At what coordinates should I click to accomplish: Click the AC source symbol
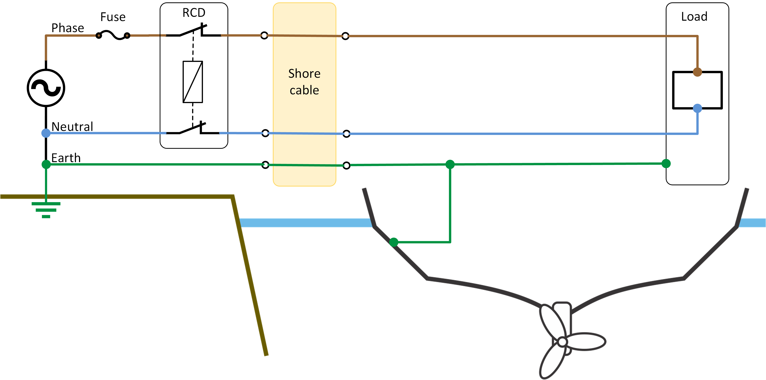pos(46,88)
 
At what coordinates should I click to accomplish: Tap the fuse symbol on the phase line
pos(113,35)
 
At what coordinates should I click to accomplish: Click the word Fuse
pos(113,17)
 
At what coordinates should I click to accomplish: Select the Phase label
pos(68,28)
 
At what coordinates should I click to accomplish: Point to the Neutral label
pos(72,127)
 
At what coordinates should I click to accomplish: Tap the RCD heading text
pos(194,13)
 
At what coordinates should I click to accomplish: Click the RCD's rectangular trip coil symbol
pos(193,82)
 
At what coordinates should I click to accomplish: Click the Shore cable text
pos(304,82)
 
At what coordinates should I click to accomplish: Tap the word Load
pos(694,17)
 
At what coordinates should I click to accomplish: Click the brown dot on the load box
pos(697,72)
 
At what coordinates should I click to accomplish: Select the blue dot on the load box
pos(697,108)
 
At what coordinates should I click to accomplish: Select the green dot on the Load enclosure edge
pos(666,163)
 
